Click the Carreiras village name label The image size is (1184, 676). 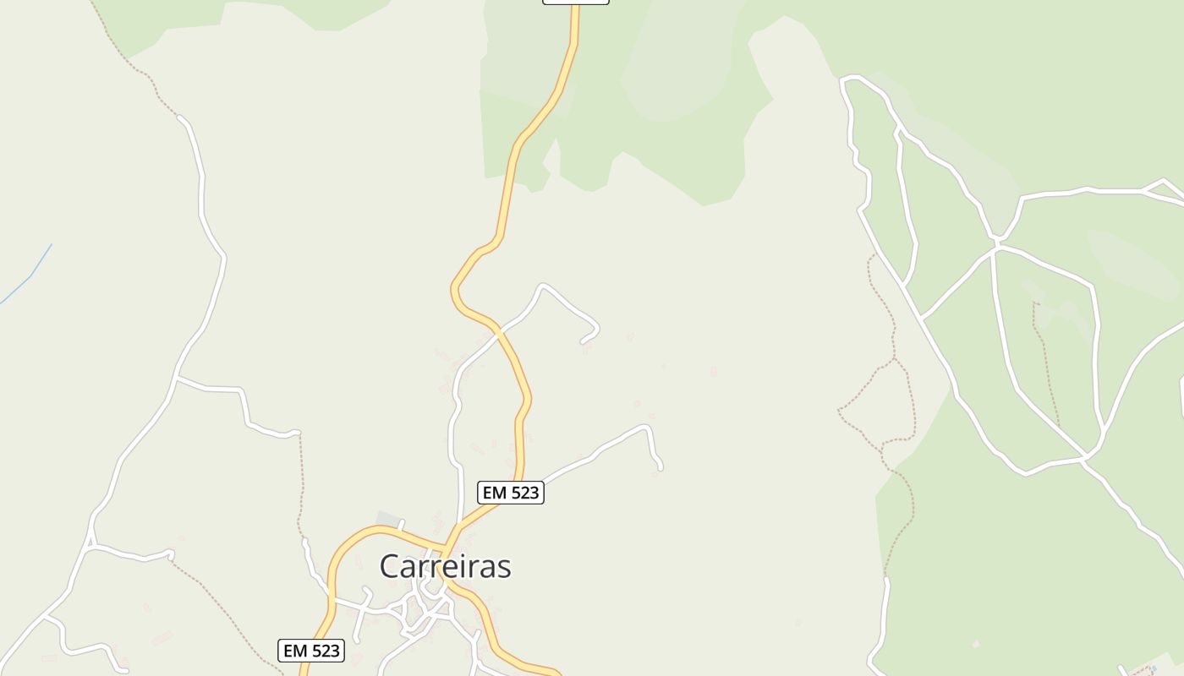click(445, 566)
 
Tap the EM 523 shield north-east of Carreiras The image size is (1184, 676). click(510, 493)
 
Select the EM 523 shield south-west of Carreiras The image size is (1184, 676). click(311, 651)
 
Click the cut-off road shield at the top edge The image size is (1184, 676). click(575, 2)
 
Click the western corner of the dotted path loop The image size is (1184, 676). click(839, 411)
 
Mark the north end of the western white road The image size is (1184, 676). click(180, 117)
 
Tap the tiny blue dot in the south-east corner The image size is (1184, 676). click(1154, 668)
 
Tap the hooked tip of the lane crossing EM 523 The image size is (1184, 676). click(583, 341)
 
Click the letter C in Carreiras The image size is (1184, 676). click(391, 566)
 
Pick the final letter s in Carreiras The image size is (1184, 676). click(504, 567)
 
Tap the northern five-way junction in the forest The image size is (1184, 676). click(997, 245)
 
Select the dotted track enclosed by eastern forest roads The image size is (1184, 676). click(1045, 363)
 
